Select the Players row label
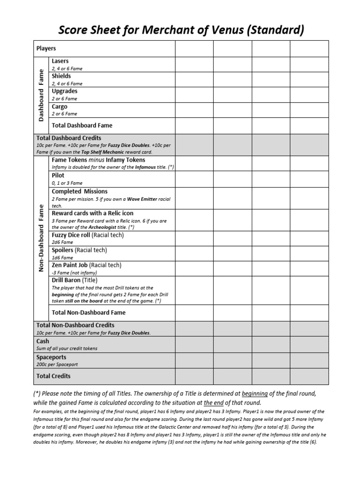pyautogui.click(x=46, y=48)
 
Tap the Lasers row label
pyautogui.click(x=60, y=61)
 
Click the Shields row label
pyautogui.click(x=61, y=76)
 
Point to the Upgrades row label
pyautogui.click(x=65, y=91)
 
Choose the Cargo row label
pyautogui.click(x=60, y=106)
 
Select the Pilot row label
pyautogui.click(x=58, y=175)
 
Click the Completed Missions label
pyautogui.click(x=80, y=191)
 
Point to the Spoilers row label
pyautogui.click(x=63, y=250)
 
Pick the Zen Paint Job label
pyautogui.click(x=70, y=265)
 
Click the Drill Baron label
pyautogui.click(x=67, y=280)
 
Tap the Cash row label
pyautogui.click(x=43, y=341)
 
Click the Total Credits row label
pyautogui.click(x=53, y=375)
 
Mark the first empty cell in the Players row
pyautogui.click(x=194, y=48)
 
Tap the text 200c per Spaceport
pyautogui.click(x=57, y=364)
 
